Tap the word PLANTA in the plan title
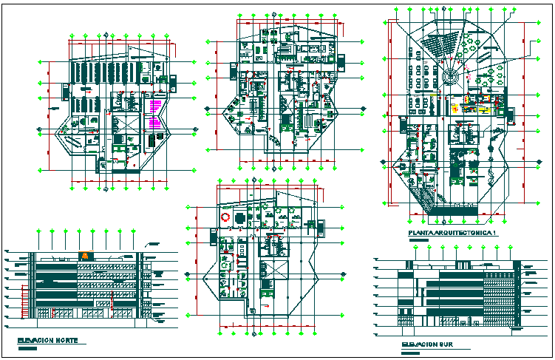[x=423, y=234]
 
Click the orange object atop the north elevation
[x=86, y=254]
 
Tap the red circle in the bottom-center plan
[x=225, y=217]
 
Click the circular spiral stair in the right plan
[x=453, y=74]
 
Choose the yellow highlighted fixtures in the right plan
[x=475, y=109]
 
